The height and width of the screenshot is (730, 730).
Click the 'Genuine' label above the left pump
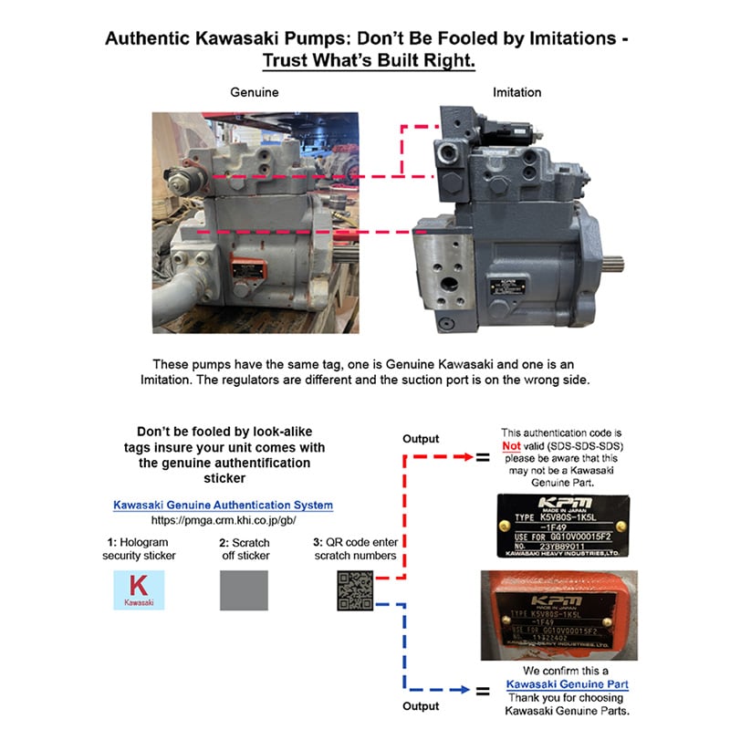coord(255,92)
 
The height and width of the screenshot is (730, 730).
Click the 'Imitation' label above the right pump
coord(516,92)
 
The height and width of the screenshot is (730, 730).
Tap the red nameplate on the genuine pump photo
coord(247,271)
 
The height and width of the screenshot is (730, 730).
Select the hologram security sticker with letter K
coord(139,589)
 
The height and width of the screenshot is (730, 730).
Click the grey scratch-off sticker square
coord(244,590)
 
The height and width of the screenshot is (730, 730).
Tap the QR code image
coord(356,590)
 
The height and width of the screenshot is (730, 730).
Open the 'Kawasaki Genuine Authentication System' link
coord(223,505)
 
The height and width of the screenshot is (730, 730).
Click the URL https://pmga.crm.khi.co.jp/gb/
coord(223,520)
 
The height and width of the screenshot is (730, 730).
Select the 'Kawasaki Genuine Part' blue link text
coord(567,683)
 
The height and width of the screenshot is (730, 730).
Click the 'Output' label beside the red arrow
coord(421,439)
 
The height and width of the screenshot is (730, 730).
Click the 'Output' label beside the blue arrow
coord(421,705)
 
